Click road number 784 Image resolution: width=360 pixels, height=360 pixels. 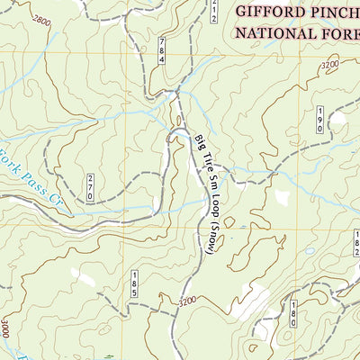point(162,51)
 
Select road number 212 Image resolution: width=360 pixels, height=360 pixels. point(214,10)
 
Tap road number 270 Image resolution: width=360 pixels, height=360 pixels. point(90,186)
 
